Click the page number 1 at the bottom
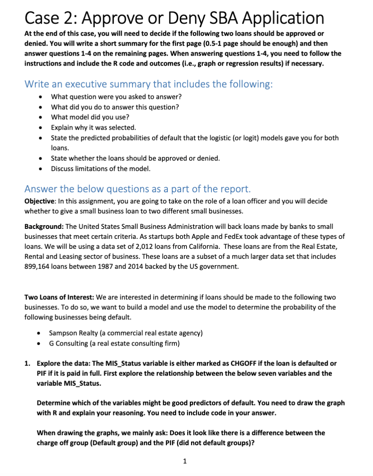(x=185, y=460)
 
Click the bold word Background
(x=44, y=227)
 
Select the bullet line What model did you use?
(x=90, y=117)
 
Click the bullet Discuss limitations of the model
(x=101, y=169)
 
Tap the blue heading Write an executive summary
(x=148, y=84)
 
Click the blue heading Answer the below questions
(x=138, y=189)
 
